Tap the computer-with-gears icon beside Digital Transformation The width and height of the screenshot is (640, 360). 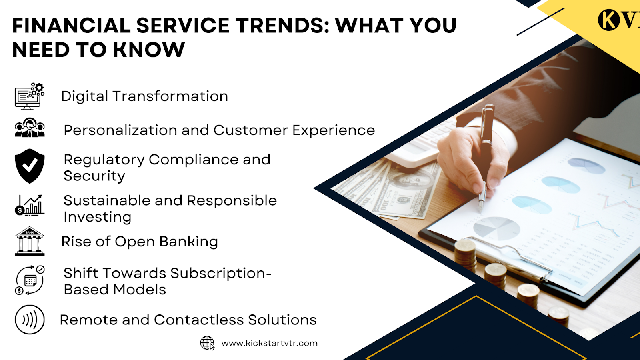coord(30,96)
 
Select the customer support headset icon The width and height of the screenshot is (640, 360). coord(30,128)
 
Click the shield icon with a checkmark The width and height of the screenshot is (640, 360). coord(30,166)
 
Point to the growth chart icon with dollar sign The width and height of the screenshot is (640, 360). coord(30,205)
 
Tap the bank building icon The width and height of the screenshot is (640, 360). coord(30,241)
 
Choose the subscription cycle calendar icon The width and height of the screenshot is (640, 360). coord(30,280)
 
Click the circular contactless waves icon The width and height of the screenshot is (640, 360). coord(30,320)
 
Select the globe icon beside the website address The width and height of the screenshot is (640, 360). coord(208,343)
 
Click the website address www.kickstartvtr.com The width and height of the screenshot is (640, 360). coord(270,343)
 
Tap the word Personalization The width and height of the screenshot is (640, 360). coord(120,130)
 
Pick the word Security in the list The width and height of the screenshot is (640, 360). coord(94,176)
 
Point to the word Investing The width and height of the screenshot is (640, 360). coord(98,217)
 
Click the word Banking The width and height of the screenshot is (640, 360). coord(188,242)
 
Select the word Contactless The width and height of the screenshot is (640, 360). coord(199,320)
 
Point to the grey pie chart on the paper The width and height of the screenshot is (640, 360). coord(496,228)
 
